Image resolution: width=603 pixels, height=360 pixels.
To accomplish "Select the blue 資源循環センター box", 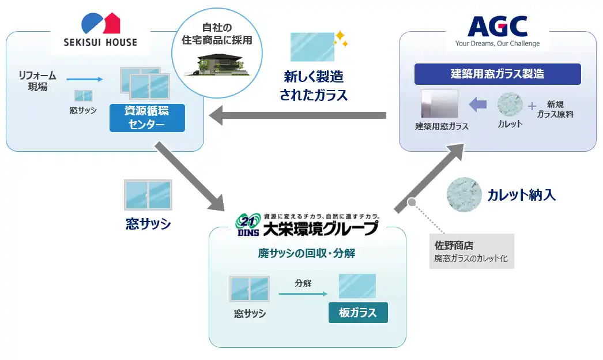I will [x=147, y=118].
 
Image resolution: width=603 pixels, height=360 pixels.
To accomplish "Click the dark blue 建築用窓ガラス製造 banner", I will [x=498, y=74].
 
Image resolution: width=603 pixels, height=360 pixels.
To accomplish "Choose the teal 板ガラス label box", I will [x=358, y=313].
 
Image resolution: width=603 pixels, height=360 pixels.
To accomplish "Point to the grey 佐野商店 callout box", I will [x=472, y=251].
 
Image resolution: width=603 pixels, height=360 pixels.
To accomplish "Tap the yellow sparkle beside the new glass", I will [x=341, y=38].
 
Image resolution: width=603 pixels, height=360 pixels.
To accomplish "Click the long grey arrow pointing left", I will [x=297, y=117].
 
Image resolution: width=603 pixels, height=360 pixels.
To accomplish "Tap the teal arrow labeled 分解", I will [x=299, y=294].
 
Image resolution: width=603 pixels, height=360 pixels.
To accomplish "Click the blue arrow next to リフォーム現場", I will [x=84, y=80].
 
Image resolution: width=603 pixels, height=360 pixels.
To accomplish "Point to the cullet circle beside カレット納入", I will [x=464, y=195].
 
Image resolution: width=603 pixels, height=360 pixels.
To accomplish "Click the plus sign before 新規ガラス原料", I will [x=532, y=106].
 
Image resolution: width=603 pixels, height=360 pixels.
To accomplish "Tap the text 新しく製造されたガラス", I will [x=314, y=86].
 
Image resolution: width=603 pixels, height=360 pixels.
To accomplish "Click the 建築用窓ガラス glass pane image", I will [x=439, y=104].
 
